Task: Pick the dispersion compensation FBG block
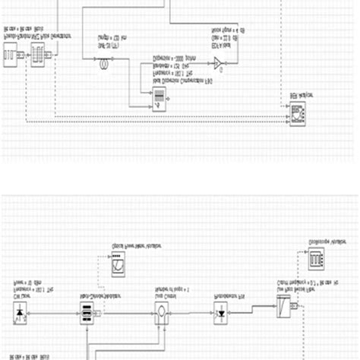coord(159,97)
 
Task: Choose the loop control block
coord(162,311)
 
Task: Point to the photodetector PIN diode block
coord(222,311)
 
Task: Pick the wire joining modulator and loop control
coord(125,311)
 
